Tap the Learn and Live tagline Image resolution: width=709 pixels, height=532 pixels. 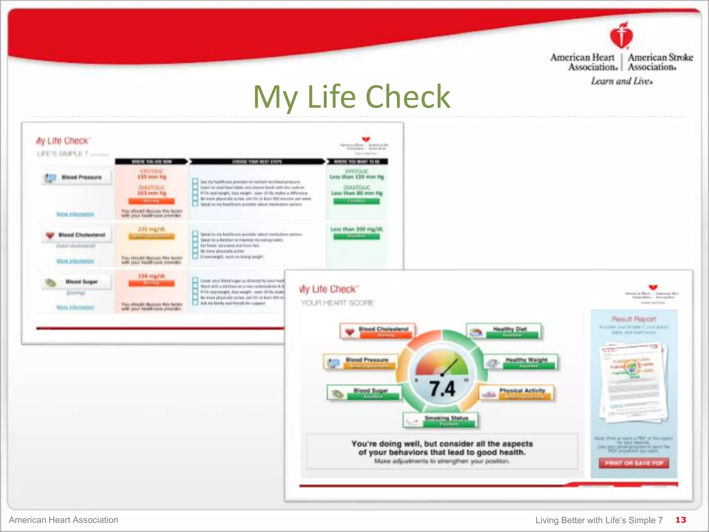(x=622, y=81)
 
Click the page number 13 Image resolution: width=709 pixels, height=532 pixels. (x=680, y=520)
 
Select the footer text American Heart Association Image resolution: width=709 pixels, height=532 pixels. (x=63, y=520)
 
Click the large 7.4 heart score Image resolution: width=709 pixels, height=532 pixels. (x=442, y=389)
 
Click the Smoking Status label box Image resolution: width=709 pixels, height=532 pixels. (x=441, y=420)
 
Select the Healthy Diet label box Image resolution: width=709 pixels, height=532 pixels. (x=504, y=331)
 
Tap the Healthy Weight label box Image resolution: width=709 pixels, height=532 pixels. (x=521, y=362)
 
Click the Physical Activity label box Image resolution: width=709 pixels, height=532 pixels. (x=517, y=392)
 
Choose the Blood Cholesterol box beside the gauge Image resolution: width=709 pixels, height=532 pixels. (x=378, y=331)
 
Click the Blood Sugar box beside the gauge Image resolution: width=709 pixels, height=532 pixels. (x=365, y=392)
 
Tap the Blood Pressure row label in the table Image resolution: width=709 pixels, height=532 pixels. (x=77, y=177)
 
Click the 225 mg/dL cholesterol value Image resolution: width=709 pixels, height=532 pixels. (x=152, y=229)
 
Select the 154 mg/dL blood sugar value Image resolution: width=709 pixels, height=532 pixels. (x=152, y=276)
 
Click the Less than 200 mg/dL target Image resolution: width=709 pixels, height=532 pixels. (x=357, y=229)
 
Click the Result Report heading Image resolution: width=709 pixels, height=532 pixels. (x=634, y=319)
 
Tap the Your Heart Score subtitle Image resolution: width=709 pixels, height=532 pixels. (x=337, y=303)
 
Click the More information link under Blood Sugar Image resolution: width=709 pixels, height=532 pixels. (x=75, y=307)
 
